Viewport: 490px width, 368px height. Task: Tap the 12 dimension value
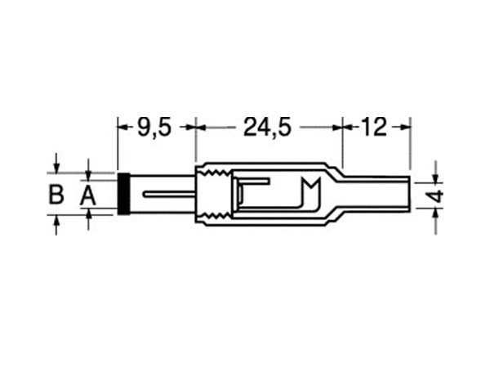[373, 127]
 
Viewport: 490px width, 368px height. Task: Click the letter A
[87, 195]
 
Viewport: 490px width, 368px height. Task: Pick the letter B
[56, 195]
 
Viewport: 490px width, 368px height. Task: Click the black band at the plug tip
[123, 194]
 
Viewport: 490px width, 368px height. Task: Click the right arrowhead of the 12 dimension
[406, 127]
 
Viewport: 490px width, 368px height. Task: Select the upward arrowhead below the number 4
[436, 214]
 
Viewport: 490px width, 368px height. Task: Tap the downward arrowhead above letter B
[56, 167]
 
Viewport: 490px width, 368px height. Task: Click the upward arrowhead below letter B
[56, 222]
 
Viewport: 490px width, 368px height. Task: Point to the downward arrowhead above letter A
[88, 174]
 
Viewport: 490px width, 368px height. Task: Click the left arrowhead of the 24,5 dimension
[201, 127]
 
